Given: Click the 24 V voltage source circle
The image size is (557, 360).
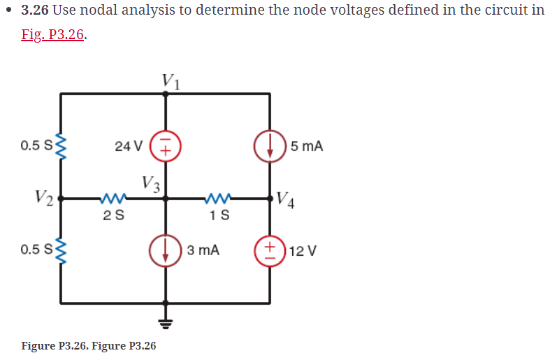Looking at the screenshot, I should click(x=166, y=145).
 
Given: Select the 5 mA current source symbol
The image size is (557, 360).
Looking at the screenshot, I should click(x=270, y=146).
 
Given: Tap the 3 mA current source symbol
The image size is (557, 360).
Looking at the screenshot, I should click(x=166, y=250).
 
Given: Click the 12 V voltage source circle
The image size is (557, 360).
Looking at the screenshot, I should click(x=270, y=250).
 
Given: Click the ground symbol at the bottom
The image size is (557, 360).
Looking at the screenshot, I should click(x=166, y=323).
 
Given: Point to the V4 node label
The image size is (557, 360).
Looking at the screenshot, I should click(x=287, y=199).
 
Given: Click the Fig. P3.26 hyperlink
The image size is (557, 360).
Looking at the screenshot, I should click(x=53, y=36).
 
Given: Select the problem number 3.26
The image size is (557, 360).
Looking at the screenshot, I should click(x=36, y=11).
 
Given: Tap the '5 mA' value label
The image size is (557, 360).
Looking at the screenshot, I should click(x=307, y=146).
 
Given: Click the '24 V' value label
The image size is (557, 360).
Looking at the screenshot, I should click(x=129, y=146).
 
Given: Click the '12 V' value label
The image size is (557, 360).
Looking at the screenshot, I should click(x=303, y=250).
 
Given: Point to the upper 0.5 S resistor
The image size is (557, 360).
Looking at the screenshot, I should click(x=61, y=146).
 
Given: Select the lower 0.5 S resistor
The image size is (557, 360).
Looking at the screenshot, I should click(x=61, y=250).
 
